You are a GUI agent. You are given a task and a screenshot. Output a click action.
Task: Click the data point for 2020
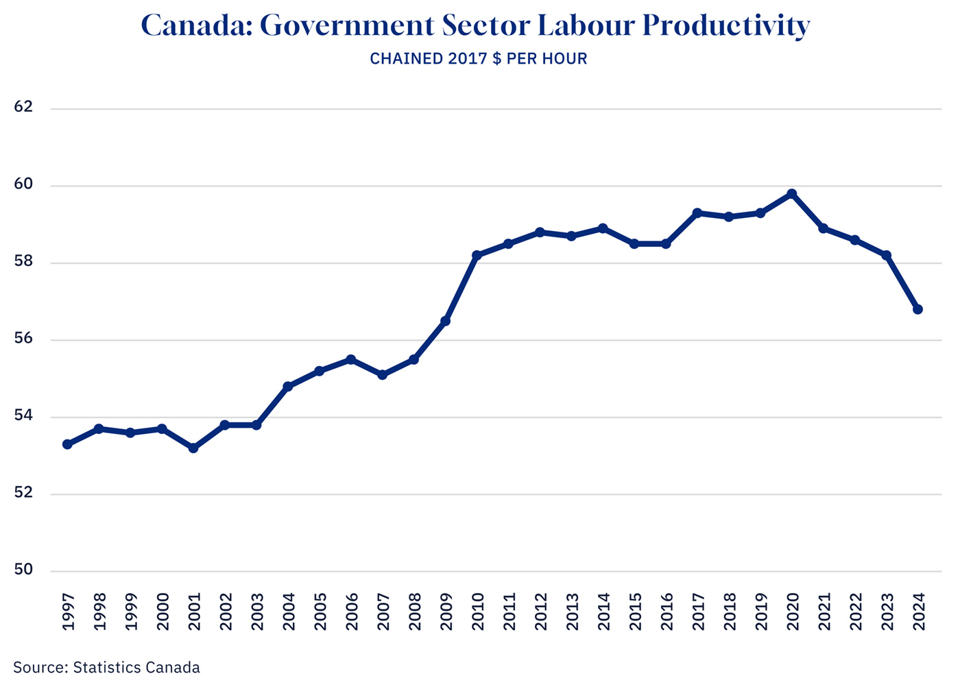pos(791,194)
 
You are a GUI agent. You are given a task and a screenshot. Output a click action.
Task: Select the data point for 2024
pos(917,309)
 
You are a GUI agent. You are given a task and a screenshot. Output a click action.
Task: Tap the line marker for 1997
pos(67,444)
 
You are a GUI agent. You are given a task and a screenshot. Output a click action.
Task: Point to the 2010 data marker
pos(477,255)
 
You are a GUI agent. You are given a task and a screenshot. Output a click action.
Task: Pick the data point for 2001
pos(193,448)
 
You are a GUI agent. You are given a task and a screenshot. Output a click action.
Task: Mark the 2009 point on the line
pos(445,321)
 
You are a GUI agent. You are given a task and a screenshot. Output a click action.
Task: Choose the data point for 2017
pos(697,213)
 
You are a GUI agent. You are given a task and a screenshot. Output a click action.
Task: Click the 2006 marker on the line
pos(350,359)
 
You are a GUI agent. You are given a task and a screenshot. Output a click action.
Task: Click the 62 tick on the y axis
pos(23,108)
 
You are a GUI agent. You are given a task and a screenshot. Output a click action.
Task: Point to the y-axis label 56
pos(23,339)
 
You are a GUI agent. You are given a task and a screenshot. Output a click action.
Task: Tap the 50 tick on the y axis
pos(23,570)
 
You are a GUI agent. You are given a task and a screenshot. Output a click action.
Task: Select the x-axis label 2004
pos(288,611)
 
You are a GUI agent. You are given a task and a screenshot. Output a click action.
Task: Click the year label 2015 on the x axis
pos(635,611)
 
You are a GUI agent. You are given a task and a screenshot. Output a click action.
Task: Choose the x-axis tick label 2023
pos(887,611)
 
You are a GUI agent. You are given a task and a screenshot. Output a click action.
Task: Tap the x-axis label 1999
pos(130,611)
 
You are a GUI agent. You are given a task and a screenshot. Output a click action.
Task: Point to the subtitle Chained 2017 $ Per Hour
pos(479,59)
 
